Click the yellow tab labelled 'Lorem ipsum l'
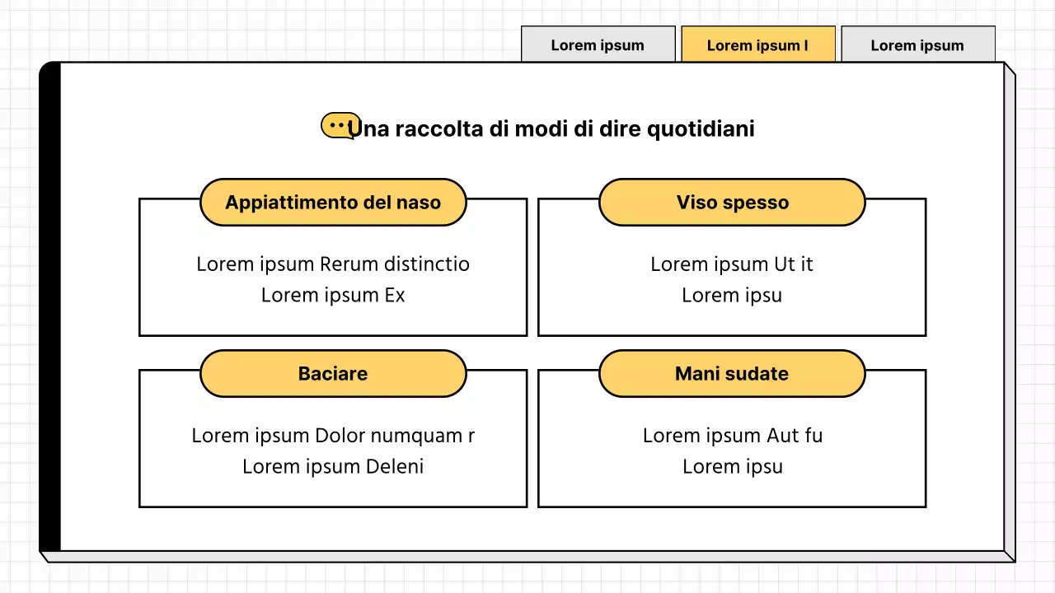coord(757,45)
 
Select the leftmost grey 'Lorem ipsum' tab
coord(598,45)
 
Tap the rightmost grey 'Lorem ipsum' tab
coord(917,45)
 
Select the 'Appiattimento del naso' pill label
coord(333,203)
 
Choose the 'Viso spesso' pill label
coord(732,203)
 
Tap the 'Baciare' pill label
coord(333,374)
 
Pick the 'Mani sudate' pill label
coord(732,374)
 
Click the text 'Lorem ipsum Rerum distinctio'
coord(333,264)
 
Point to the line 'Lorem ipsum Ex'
coord(333,296)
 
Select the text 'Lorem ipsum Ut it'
coord(732,264)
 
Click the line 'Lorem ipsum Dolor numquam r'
coord(333,436)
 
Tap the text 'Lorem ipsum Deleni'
coord(333,467)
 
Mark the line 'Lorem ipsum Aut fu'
coord(732,436)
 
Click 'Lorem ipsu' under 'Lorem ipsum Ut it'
coord(732,296)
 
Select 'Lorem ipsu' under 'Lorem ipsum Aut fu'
coord(732,467)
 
